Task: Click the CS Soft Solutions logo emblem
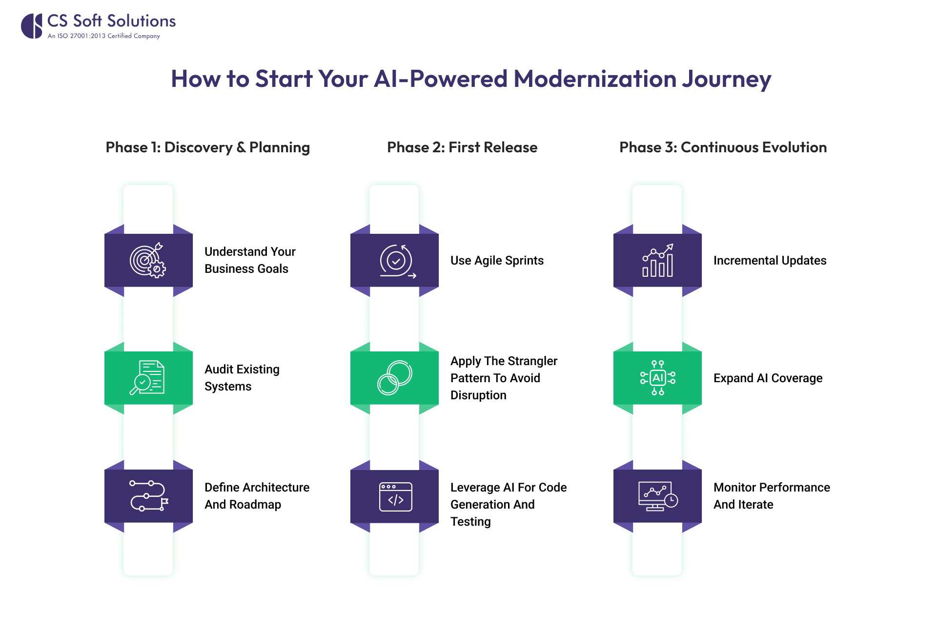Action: [x=32, y=26]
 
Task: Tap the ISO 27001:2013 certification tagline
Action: [x=104, y=36]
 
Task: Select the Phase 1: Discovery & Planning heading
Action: [x=207, y=147]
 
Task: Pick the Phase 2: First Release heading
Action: [x=462, y=147]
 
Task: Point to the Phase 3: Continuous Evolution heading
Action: [x=723, y=147]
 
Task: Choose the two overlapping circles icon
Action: [x=394, y=378]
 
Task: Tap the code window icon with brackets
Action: [x=395, y=497]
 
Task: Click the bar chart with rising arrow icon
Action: [x=657, y=261]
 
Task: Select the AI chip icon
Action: [x=657, y=378]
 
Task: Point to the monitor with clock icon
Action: [x=657, y=496]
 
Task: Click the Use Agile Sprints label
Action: [x=497, y=261]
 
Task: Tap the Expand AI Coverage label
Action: [x=768, y=378]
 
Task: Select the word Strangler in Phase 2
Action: [x=533, y=361]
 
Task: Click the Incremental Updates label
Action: [x=770, y=261]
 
